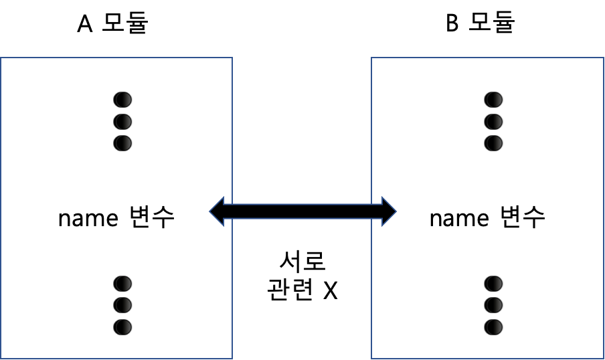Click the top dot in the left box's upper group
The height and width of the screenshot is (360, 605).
point(122,100)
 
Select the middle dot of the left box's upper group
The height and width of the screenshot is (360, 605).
point(122,122)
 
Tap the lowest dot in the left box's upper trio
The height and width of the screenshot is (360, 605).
point(122,143)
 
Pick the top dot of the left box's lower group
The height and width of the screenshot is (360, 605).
point(122,284)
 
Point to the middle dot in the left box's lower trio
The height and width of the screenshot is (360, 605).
point(122,305)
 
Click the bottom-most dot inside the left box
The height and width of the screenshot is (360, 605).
point(122,327)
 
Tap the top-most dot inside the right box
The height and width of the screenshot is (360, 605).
point(493,100)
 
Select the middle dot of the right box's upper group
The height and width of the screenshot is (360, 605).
point(493,122)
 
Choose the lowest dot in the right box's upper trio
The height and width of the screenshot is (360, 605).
point(493,143)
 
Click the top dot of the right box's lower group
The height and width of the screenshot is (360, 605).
point(493,284)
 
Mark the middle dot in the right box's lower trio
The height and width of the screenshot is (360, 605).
point(493,305)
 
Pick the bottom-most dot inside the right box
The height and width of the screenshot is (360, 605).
point(493,327)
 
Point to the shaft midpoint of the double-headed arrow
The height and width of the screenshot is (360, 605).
point(302,211)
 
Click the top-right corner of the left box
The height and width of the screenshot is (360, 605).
point(232,58)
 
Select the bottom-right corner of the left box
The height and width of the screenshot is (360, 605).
point(232,359)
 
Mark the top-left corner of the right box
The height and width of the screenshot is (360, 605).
point(371,58)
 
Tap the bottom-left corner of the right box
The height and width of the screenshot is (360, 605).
point(371,359)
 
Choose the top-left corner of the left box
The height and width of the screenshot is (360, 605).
point(1,58)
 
